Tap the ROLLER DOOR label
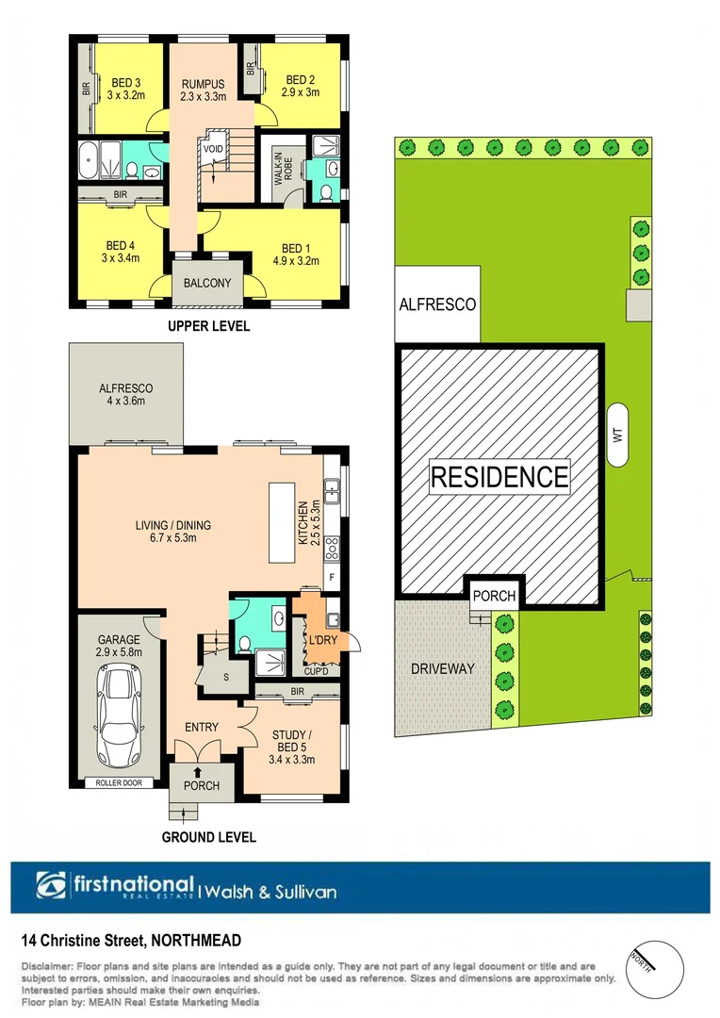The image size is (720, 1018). [118, 782]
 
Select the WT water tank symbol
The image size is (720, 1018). [619, 435]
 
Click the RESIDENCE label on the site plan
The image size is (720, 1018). [499, 476]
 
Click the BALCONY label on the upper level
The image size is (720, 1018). [208, 283]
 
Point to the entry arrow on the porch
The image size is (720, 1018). [197, 771]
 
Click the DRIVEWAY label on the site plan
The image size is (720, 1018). [441, 668]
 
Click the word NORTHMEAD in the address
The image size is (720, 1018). [196, 941]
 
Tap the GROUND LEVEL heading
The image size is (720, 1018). [209, 836]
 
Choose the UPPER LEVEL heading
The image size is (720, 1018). [208, 327]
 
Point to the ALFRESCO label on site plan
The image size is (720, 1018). [437, 304]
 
